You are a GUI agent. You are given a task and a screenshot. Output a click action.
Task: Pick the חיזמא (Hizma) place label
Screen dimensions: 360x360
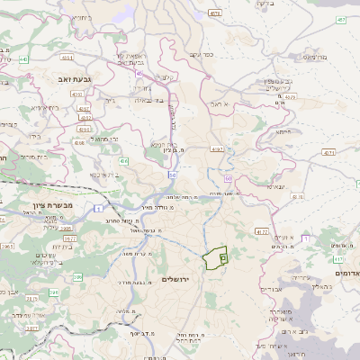[x=283, y=132]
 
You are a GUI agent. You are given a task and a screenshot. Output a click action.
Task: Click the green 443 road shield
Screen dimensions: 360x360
[x=24, y=59]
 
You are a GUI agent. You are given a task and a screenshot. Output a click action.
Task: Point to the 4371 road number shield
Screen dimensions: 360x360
[x=328, y=153]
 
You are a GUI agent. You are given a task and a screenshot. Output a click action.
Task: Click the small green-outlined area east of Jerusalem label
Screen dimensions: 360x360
[x=216, y=259]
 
